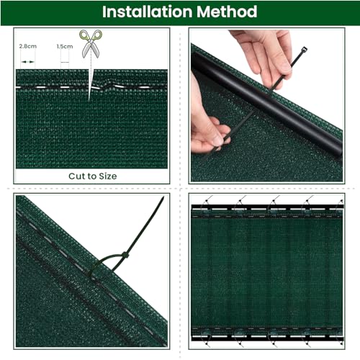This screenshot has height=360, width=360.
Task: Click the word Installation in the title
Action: [x=148, y=12]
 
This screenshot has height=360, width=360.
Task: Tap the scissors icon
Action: [x=91, y=45]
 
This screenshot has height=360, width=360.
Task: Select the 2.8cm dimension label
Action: [x=27, y=45]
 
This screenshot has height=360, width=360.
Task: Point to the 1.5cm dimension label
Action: [x=64, y=45]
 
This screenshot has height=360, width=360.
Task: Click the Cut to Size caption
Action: [x=92, y=175]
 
